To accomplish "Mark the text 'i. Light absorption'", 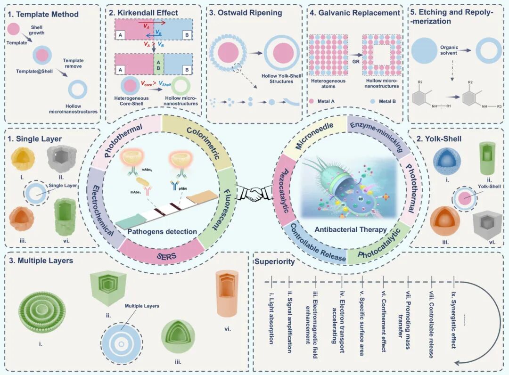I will click(x=272, y=317).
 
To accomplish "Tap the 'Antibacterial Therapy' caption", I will click(x=352, y=229).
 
